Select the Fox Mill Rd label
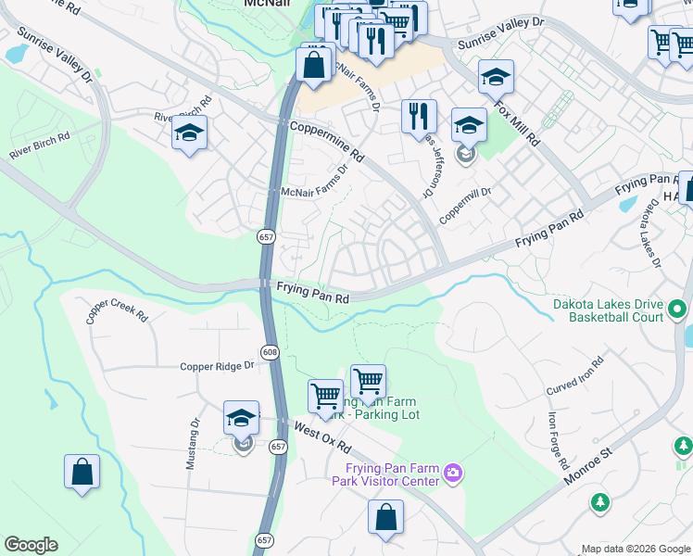click(x=518, y=124)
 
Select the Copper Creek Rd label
click(x=117, y=310)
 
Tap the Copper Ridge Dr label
click(x=217, y=366)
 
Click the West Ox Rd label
click(x=320, y=432)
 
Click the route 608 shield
click(x=270, y=352)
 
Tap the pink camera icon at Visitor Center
click(x=453, y=474)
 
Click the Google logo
click(x=31, y=545)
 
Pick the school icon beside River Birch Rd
click(x=189, y=133)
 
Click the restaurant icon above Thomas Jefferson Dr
click(x=419, y=116)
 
